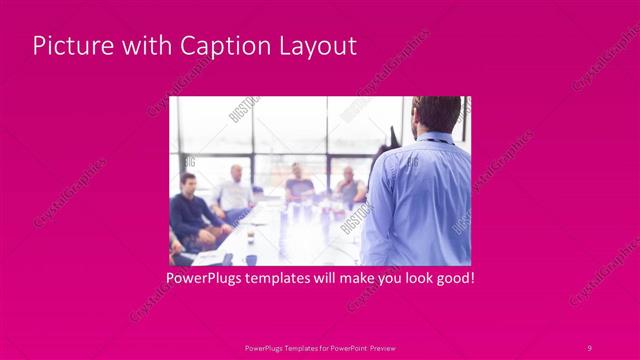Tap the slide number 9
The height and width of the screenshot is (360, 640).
point(589,347)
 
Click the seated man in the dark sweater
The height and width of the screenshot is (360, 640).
point(187,212)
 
